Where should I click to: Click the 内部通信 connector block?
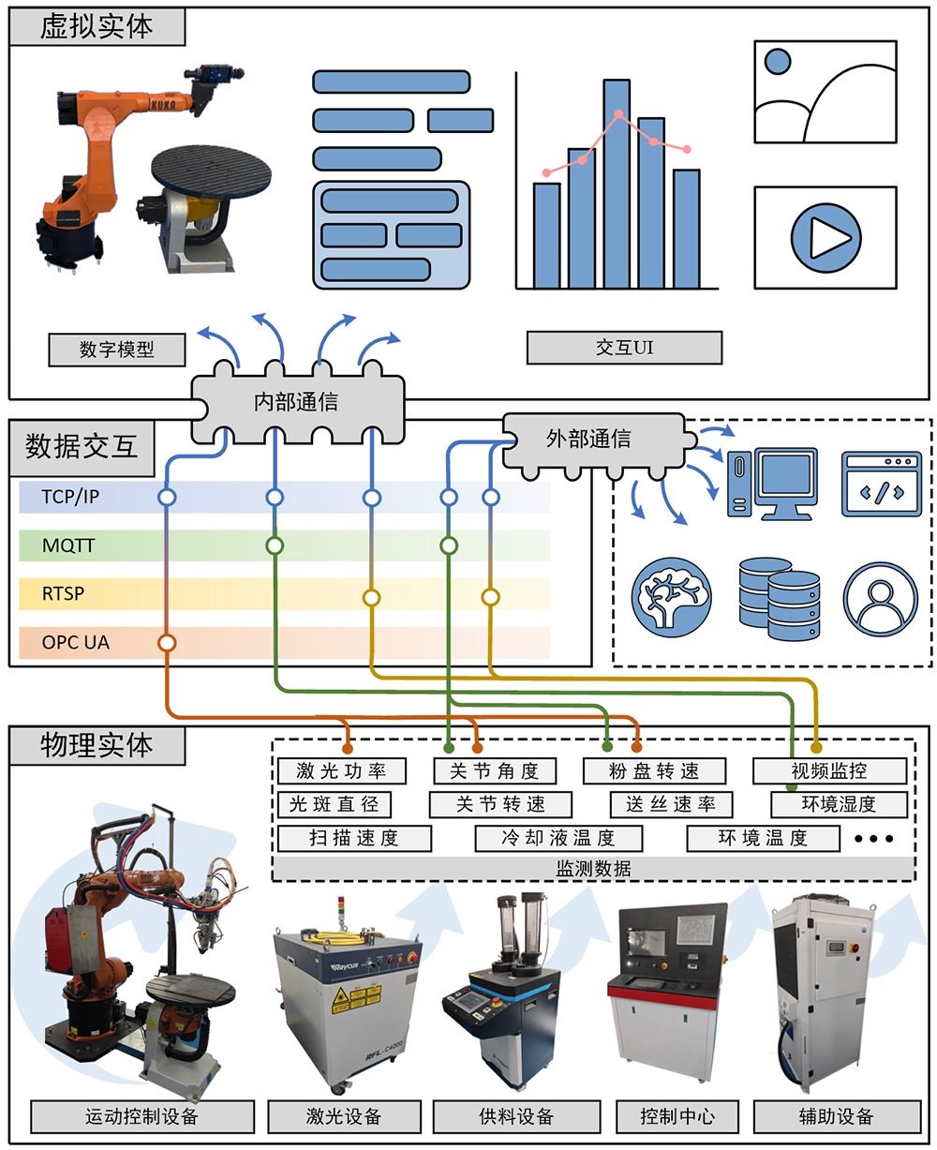click(x=296, y=403)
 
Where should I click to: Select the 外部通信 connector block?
click(x=588, y=439)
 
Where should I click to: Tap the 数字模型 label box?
click(x=117, y=350)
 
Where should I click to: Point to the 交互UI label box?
click(x=624, y=348)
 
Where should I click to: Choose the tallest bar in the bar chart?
click(x=616, y=184)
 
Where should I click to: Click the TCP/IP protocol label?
click(x=70, y=497)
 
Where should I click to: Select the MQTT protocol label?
click(x=68, y=545)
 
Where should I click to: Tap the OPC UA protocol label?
click(x=75, y=643)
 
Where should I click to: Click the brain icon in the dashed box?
click(x=672, y=596)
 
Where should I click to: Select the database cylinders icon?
click(x=779, y=598)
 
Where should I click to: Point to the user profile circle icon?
click(x=880, y=598)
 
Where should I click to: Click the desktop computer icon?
click(x=772, y=484)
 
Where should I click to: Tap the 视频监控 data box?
click(x=829, y=771)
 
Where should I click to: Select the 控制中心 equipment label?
click(x=677, y=1116)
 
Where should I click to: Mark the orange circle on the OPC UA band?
click(x=167, y=643)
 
